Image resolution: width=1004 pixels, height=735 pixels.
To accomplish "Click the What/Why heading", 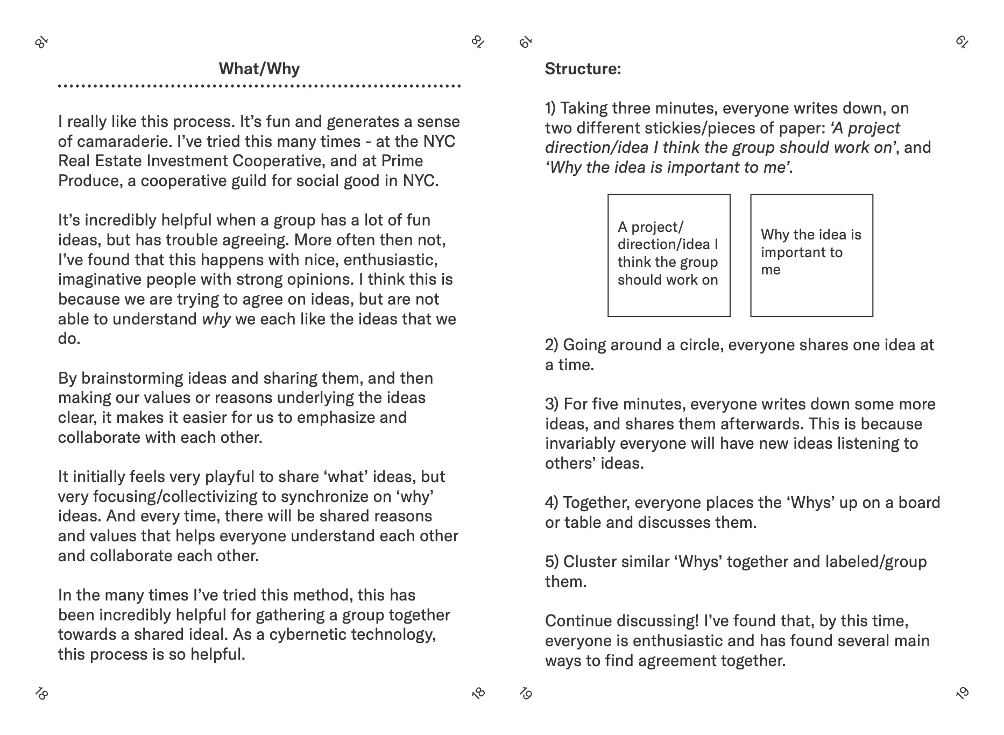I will [x=259, y=69].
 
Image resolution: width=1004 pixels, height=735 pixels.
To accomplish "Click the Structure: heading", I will [x=583, y=69].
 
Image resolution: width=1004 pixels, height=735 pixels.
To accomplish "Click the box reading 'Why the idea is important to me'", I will [x=811, y=256].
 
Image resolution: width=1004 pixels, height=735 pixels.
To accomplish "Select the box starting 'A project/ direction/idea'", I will [x=669, y=256].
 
